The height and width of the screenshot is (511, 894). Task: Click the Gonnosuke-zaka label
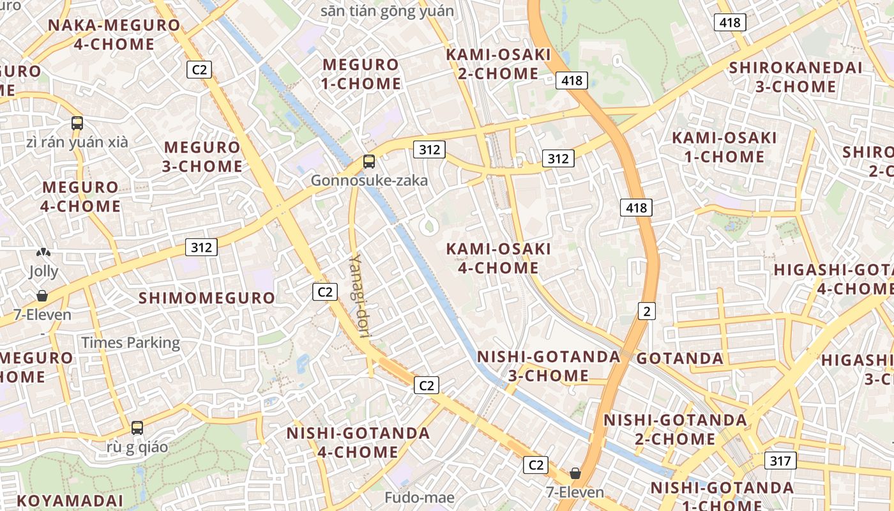[369, 181]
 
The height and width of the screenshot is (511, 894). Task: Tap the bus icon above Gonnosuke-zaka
[369, 162]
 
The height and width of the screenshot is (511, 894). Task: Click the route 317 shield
[780, 461]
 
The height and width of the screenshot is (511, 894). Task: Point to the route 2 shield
[647, 311]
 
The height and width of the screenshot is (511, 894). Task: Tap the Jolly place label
[43, 271]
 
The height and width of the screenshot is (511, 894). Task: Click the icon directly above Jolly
[43, 253]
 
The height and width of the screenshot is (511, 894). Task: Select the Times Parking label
[130, 342]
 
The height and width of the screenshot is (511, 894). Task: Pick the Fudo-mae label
[420, 497]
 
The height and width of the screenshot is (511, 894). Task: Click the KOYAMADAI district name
[70, 500]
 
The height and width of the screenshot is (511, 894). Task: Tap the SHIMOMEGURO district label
[207, 298]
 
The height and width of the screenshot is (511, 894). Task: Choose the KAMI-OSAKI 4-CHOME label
[498, 258]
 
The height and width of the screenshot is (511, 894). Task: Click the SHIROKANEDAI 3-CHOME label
[796, 77]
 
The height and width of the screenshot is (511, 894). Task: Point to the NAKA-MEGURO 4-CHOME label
[114, 34]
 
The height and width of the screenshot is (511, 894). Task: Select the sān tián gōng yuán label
[387, 11]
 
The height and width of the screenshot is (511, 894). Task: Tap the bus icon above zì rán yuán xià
[77, 123]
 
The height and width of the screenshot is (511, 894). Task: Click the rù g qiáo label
[137, 446]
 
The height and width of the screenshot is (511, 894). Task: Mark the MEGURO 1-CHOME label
[361, 74]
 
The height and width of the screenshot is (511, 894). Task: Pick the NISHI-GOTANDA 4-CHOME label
[358, 442]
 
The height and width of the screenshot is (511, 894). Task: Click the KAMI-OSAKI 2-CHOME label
[498, 64]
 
